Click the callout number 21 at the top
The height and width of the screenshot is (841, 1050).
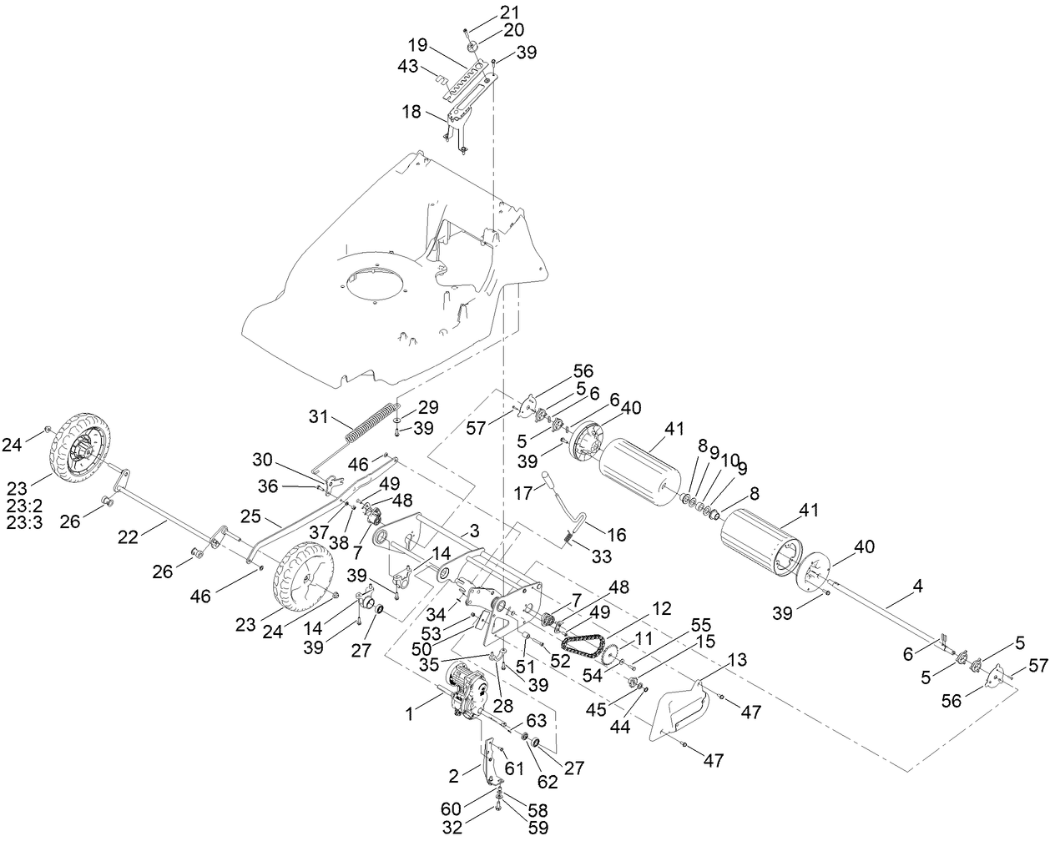509,12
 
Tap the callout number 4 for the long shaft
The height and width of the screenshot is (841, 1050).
918,587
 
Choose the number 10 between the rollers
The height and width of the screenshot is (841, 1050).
729,483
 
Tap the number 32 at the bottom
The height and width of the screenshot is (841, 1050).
452,828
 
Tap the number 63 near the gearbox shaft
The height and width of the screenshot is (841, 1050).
537,720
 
